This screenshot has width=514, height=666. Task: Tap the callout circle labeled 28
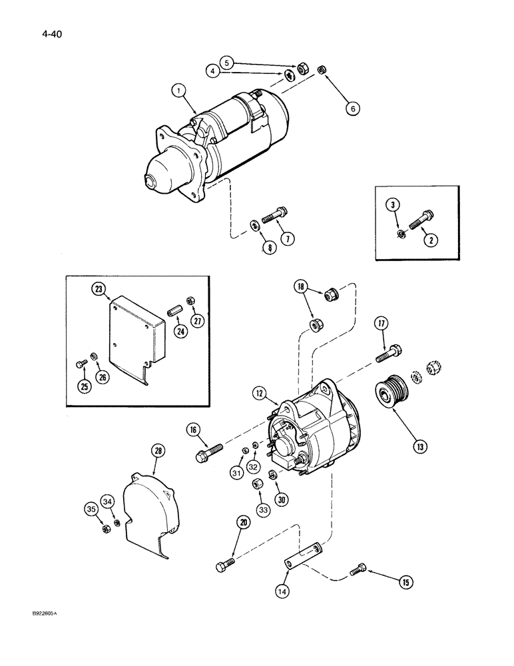(x=157, y=452)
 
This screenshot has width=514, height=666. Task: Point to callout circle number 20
(x=242, y=524)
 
